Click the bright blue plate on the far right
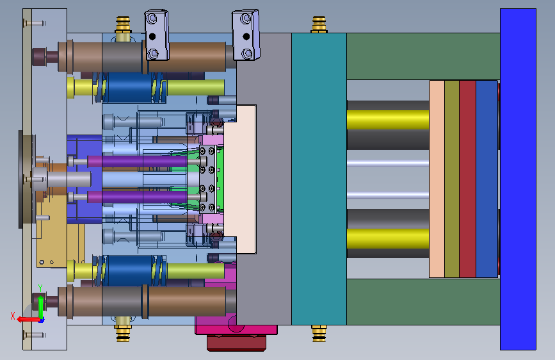(518, 179)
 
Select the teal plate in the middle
(319, 179)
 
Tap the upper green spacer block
(423, 56)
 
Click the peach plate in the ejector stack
(437, 179)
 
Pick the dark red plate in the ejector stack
(467, 179)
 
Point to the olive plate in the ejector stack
(452, 179)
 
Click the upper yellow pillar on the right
(388, 120)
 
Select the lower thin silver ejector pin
(388, 195)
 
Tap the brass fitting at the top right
(319, 24)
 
